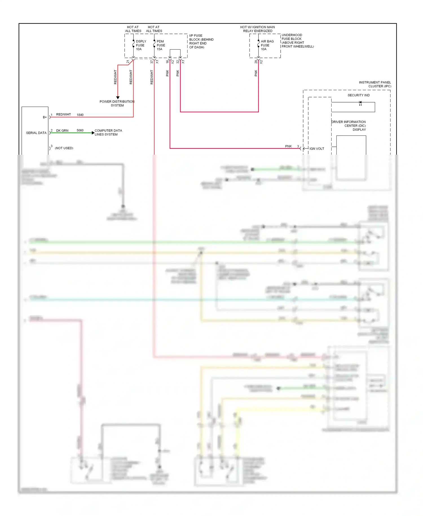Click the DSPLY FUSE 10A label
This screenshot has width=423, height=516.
141,45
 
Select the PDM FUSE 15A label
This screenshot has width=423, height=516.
161,45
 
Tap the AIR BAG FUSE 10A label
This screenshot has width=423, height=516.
267,45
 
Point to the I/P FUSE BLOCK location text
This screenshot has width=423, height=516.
201,41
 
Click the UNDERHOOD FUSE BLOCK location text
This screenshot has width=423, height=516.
297,41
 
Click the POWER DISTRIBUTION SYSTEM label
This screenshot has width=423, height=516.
117,103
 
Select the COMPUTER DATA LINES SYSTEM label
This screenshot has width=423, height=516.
108,132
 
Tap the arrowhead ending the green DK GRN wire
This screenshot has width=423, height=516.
93,133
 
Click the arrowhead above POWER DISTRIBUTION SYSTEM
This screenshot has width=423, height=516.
118,98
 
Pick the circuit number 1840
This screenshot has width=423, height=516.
80,115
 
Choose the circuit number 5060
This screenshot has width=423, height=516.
80,130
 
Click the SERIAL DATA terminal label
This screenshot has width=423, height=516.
36,133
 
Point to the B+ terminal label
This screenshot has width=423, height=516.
45,117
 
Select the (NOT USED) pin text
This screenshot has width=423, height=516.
64,148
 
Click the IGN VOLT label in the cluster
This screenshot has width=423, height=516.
317,149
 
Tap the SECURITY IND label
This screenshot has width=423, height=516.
358,95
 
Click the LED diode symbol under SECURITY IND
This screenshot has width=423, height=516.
360,103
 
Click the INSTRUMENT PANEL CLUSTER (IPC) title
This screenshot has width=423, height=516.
375,84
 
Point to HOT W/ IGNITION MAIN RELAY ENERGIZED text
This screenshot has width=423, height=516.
257,29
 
